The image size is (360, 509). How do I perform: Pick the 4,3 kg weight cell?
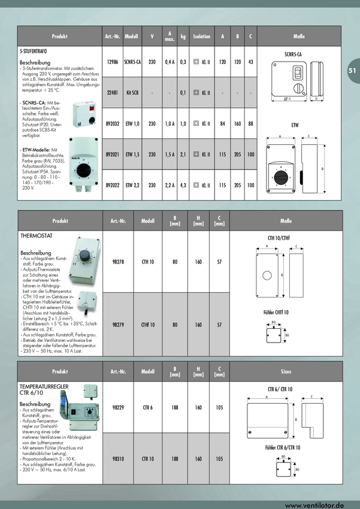[x=183, y=186]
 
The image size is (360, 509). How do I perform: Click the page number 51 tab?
[x=352, y=70]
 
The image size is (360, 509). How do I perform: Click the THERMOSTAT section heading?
[x=37, y=237]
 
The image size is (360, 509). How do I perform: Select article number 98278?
[x=118, y=261]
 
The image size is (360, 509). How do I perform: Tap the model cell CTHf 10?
[x=148, y=325]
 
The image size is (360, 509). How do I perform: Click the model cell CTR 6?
[x=148, y=407]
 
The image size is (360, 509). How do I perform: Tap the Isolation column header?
[x=202, y=37]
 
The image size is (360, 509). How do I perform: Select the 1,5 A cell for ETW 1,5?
[x=170, y=154]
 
